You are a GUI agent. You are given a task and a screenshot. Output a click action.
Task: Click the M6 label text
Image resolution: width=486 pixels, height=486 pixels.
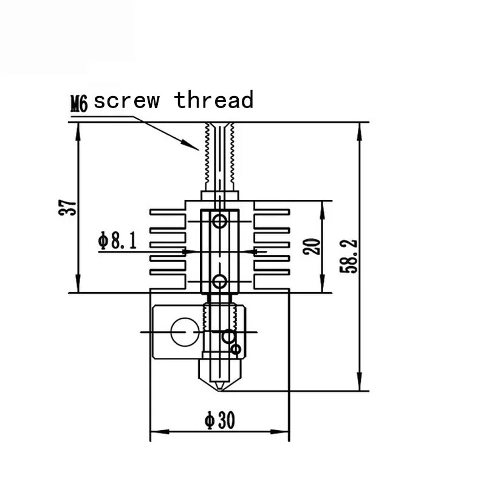coord(79,103)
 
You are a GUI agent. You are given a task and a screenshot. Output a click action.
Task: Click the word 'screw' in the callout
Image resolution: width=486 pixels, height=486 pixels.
coord(126,101)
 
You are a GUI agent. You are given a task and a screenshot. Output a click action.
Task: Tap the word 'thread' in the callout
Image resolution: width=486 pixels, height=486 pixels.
coord(214,100)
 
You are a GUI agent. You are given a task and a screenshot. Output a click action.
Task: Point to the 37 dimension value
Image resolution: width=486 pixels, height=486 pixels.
coord(67,208)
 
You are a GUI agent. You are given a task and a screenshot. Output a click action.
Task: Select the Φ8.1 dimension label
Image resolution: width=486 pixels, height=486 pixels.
coord(117,240)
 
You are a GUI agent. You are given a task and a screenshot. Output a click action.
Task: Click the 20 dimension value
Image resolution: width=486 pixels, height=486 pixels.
coord(312,247)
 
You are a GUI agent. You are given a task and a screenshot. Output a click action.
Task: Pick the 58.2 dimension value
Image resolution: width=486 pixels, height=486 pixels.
coord(348,256)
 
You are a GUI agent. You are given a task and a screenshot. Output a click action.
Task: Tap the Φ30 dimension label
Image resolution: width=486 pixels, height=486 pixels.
coord(220,420)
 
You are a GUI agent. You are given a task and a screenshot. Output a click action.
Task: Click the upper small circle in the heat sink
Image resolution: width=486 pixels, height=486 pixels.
coord(220,221)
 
